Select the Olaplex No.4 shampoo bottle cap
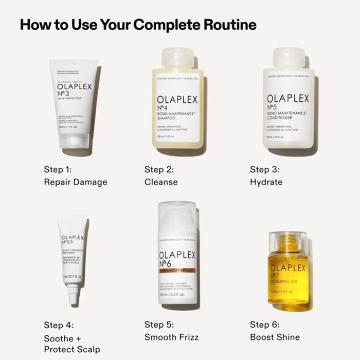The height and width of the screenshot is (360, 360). [x=177, y=58]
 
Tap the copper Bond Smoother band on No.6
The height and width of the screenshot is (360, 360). [x=177, y=269]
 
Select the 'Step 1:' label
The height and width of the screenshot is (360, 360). [x=58, y=169]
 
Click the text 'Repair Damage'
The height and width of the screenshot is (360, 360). [x=75, y=182]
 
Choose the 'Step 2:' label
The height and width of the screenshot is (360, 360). [x=159, y=169]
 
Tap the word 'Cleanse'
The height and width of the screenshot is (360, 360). [x=161, y=182]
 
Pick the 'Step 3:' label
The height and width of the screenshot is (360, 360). [x=265, y=169]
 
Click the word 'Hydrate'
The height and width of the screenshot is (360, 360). [x=266, y=182]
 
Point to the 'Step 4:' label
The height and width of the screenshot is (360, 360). [x=59, y=325]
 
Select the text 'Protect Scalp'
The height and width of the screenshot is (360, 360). [x=72, y=350]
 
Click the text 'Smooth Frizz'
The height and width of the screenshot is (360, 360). [x=171, y=337]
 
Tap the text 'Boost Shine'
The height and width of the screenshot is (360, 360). [x=275, y=337]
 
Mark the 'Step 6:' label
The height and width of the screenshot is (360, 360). [x=265, y=325]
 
